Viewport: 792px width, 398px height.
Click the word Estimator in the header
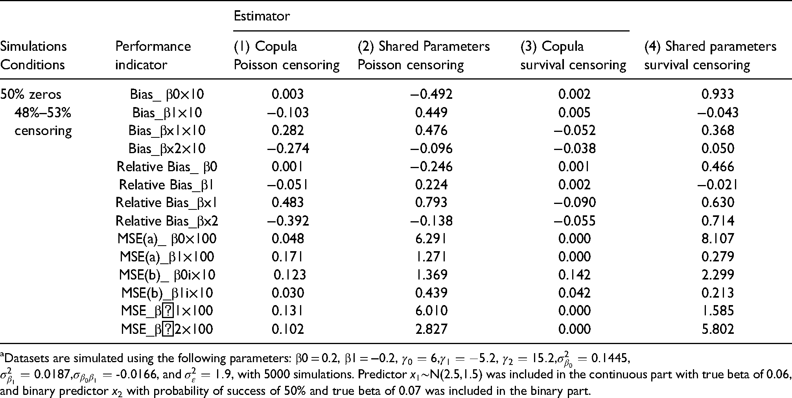point(262,16)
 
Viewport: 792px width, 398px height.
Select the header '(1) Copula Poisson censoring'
point(287,56)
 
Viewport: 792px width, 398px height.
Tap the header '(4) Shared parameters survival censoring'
point(710,56)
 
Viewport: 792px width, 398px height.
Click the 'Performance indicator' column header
point(153,56)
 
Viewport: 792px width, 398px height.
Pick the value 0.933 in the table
point(718,94)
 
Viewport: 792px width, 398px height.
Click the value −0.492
point(431,94)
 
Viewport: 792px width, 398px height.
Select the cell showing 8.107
point(718,239)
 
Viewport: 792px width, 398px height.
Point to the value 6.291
point(431,239)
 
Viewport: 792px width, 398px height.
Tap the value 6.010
point(431,311)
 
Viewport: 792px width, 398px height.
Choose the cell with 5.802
point(718,329)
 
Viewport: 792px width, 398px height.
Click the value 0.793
point(431,202)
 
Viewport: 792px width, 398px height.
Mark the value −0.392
point(288,220)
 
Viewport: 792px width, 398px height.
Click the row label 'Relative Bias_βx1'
point(167,202)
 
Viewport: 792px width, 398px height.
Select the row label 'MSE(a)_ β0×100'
point(167,239)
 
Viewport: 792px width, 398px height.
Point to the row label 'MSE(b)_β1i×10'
point(167,293)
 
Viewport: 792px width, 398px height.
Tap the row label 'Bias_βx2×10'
point(167,148)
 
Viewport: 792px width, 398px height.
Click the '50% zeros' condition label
point(31,94)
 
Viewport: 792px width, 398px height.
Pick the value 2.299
point(718,275)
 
